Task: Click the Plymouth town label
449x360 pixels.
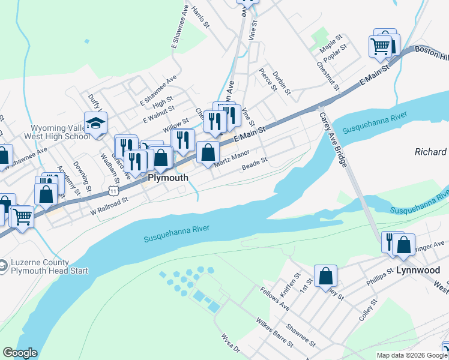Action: tap(168, 178)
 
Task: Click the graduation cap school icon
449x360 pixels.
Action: tap(96, 124)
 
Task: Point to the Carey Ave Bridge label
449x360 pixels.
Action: tap(334, 140)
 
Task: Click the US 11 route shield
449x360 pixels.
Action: tap(113, 190)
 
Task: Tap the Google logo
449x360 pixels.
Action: tap(20, 353)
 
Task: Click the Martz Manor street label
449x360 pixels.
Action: tap(232, 159)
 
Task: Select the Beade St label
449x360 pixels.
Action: tap(254, 163)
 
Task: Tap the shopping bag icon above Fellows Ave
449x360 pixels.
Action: tap(325, 276)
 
